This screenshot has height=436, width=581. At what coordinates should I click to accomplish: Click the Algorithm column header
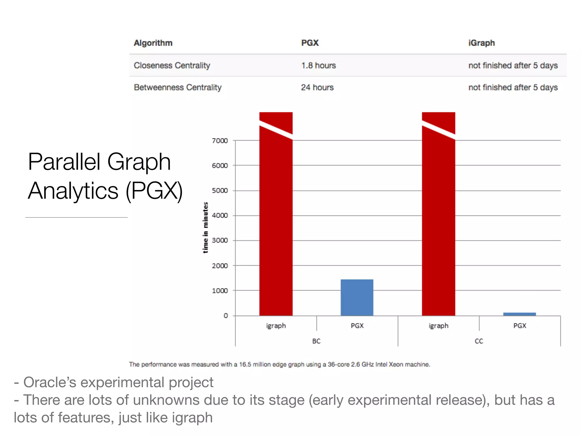coord(153,43)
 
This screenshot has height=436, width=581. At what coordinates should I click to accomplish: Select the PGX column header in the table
coord(310,43)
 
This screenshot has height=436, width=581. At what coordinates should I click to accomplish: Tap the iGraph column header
coord(481,43)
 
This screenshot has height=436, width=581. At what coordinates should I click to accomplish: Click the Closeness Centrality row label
coord(172,65)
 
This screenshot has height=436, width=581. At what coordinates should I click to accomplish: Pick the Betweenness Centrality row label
coord(178,87)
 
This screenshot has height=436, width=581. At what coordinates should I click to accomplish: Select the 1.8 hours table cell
coord(318,65)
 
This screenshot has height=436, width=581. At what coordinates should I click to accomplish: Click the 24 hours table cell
coord(317,87)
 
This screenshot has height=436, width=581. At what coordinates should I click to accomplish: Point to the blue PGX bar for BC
coord(357,297)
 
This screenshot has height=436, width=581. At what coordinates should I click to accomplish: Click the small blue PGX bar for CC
coord(519,314)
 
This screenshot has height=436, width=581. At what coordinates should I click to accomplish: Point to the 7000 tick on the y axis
coord(220,141)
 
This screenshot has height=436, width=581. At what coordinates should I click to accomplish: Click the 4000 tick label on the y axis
coord(220,215)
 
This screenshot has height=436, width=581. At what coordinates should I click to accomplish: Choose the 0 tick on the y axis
coord(226,316)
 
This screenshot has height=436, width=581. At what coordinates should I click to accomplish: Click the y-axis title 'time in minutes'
coord(205,228)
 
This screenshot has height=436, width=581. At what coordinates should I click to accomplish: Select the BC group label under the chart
coord(316,341)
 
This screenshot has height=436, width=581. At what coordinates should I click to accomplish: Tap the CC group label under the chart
coord(479,341)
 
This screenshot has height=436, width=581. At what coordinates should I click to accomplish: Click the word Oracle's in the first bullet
coord(50,382)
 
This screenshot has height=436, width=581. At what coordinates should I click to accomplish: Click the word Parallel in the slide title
coord(64,162)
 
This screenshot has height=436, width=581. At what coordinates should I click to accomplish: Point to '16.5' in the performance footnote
coord(245,364)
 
